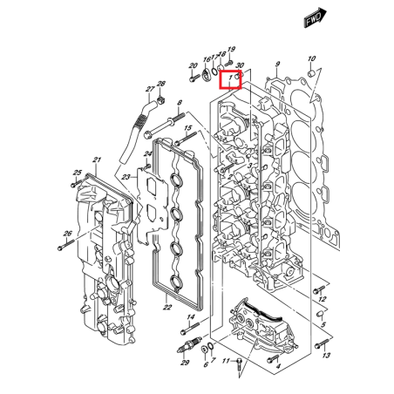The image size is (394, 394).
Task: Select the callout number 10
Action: coord(312,59)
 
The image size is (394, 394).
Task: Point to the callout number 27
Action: coord(150,89)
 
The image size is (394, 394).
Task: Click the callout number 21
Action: coord(98,160)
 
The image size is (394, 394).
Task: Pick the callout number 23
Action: coord(127,178)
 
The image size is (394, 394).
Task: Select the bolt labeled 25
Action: coord(73,185)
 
